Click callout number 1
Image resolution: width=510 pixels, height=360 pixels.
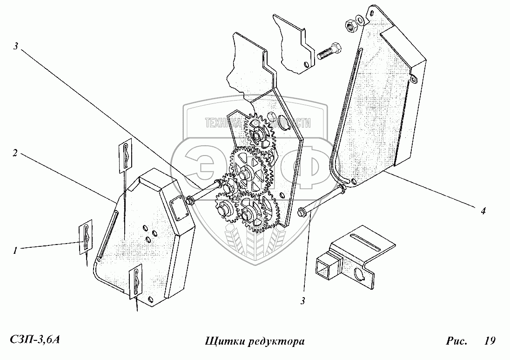pos(15,250)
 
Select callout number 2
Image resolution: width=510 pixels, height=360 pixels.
pos(15,153)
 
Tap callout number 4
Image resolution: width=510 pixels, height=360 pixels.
pos(483,211)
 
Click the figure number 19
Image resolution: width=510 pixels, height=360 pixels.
pos(489,341)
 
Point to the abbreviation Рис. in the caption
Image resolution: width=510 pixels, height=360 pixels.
pos(456,341)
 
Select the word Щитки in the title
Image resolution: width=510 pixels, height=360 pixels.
pos(221,342)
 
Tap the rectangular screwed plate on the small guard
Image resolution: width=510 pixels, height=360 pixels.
pos(180,209)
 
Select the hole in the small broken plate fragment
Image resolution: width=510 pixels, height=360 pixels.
pos(305,65)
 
